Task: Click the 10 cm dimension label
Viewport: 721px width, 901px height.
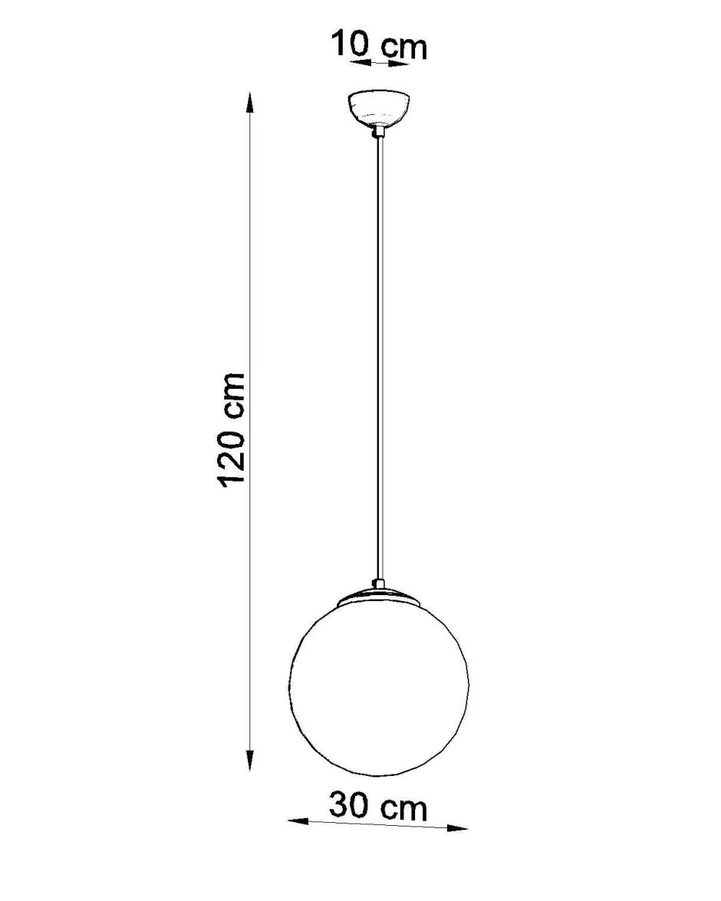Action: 379,46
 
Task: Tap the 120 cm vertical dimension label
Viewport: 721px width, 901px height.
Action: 232,429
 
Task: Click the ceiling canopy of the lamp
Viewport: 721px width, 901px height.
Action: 379,110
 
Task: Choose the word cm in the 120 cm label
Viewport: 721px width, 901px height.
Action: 232,395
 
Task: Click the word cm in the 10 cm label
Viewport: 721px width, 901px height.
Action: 405,48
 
